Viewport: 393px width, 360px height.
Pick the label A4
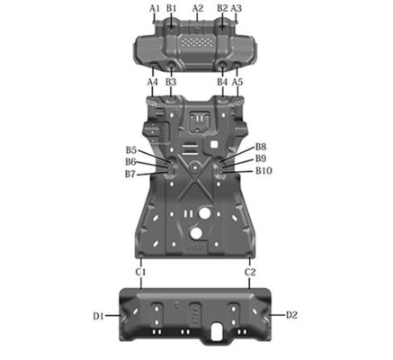pos(153,82)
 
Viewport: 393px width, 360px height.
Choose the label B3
pos(170,82)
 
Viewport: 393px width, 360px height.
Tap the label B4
pos(222,82)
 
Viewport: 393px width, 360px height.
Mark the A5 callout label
pos(237,82)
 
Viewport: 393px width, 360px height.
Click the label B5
pos(131,150)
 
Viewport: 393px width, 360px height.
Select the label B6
pos(131,162)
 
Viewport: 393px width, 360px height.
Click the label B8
pos(261,146)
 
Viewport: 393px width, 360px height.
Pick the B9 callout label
pos(261,157)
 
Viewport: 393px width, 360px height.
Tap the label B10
pos(263,170)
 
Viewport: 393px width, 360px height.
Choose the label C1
pos(141,271)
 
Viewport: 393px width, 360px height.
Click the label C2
pos(251,271)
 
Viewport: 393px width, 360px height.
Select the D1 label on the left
pos(98,316)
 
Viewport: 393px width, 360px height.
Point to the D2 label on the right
pos(291,315)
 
